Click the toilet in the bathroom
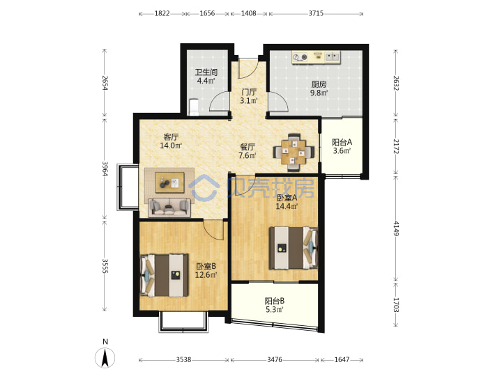tap(194, 107)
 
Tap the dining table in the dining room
tap(294, 152)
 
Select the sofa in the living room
tap(169, 207)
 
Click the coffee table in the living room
tap(169, 182)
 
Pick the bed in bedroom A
tap(294, 248)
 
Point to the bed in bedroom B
tap(164, 275)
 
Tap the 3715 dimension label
tap(316, 13)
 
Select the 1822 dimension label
tap(162, 13)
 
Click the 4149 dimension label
tap(396, 228)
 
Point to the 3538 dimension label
tap(183, 360)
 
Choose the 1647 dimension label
tap(342, 360)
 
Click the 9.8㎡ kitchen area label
tap(319, 93)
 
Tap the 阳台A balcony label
tap(342, 142)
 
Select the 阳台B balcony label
tap(275, 301)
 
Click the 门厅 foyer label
tap(249, 92)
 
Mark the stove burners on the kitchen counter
tap(301, 57)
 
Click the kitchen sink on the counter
tap(333, 57)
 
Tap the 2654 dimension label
tap(105, 82)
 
